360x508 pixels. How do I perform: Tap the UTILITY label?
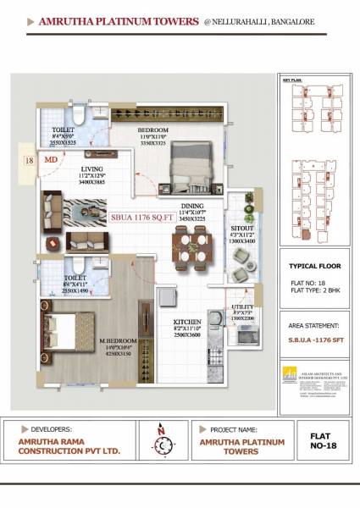(x=243, y=307)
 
